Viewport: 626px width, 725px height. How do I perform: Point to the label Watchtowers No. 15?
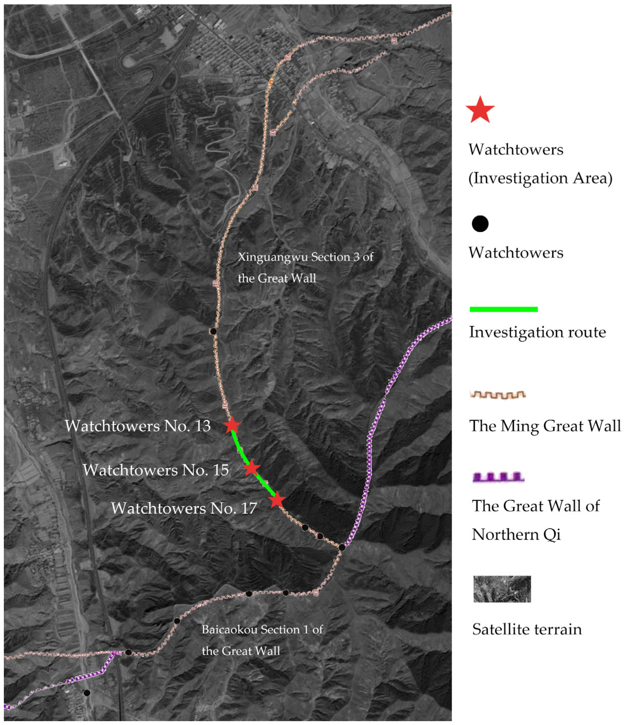156,470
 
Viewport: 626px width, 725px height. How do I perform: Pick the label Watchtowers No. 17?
184,508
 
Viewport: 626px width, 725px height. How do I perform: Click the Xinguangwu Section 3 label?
305,268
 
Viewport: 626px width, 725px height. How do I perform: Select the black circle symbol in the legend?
480,224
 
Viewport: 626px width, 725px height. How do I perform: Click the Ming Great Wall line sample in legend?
497,395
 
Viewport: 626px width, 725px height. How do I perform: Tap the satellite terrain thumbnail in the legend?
502,589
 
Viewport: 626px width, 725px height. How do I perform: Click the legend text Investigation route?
537,332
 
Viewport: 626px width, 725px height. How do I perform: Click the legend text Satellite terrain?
527,629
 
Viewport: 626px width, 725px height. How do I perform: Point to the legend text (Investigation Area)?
540,178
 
